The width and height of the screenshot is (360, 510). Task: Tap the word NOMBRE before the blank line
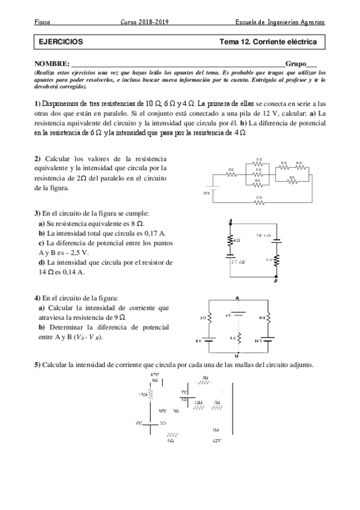point(52,63)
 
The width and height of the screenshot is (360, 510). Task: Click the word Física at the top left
point(43,22)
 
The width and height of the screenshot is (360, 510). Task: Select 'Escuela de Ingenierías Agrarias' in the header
point(281,22)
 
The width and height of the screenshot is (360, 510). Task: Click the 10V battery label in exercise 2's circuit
point(206,193)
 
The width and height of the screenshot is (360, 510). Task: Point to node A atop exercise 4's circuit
point(239,298)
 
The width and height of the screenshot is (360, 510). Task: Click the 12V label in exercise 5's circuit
point(217,441)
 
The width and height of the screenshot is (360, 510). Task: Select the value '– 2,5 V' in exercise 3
point(67,253)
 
